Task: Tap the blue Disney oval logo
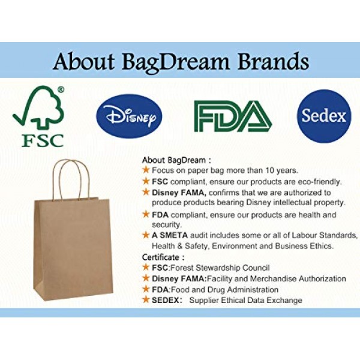129,116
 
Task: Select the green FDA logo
233,116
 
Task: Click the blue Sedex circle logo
324,116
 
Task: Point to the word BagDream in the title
176,62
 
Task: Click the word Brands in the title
273,61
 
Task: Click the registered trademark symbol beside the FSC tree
61,89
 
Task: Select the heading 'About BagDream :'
176,160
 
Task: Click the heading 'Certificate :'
163,257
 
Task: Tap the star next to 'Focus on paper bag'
146,170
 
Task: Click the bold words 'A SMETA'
170,235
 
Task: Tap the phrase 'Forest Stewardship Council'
220,268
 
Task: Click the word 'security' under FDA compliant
167,225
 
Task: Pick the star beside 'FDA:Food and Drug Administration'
146,289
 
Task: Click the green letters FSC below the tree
43,140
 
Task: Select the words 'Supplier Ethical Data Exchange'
245,301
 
